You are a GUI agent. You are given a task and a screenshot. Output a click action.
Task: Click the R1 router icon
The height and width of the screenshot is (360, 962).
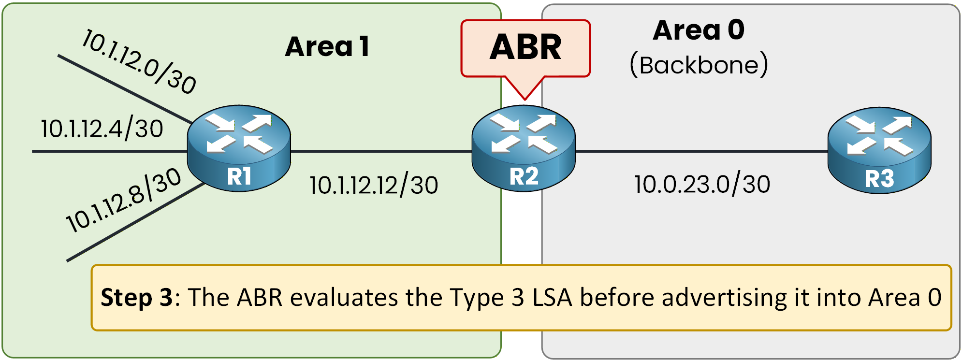point(239,148)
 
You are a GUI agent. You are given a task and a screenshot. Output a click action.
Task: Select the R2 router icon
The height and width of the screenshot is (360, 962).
point(524,148)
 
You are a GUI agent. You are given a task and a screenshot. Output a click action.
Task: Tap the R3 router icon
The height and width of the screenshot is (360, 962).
point(879,150)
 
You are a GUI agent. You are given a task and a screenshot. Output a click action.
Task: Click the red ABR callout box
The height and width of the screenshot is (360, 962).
point(525,48)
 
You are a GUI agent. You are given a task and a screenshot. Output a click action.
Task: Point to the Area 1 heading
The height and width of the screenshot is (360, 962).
point(327,47)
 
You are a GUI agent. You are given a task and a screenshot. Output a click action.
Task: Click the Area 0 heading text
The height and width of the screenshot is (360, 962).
point(699,30)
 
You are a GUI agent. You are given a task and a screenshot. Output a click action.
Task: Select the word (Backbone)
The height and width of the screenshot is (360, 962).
point(699,65)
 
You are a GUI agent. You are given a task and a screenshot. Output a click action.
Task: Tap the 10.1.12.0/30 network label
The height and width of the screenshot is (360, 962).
point(139,61)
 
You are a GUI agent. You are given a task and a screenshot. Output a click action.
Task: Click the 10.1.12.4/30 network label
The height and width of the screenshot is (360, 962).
point(102,129)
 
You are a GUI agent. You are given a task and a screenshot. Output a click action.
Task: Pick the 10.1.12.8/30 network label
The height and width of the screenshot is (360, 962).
point(123,200)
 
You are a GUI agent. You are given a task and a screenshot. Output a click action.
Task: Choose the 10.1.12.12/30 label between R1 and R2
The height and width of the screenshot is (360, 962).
point(374,185)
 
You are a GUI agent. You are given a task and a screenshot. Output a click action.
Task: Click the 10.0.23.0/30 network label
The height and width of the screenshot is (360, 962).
point(702,184)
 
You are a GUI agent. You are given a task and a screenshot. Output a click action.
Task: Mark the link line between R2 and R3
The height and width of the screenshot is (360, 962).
point(701,151)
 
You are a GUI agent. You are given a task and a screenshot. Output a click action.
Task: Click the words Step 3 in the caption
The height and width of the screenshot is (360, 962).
point(136,297)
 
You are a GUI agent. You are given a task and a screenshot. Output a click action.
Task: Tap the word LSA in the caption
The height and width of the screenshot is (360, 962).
point(552,297)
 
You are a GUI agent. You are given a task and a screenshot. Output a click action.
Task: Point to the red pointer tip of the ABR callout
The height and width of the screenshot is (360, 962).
point(525,99)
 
